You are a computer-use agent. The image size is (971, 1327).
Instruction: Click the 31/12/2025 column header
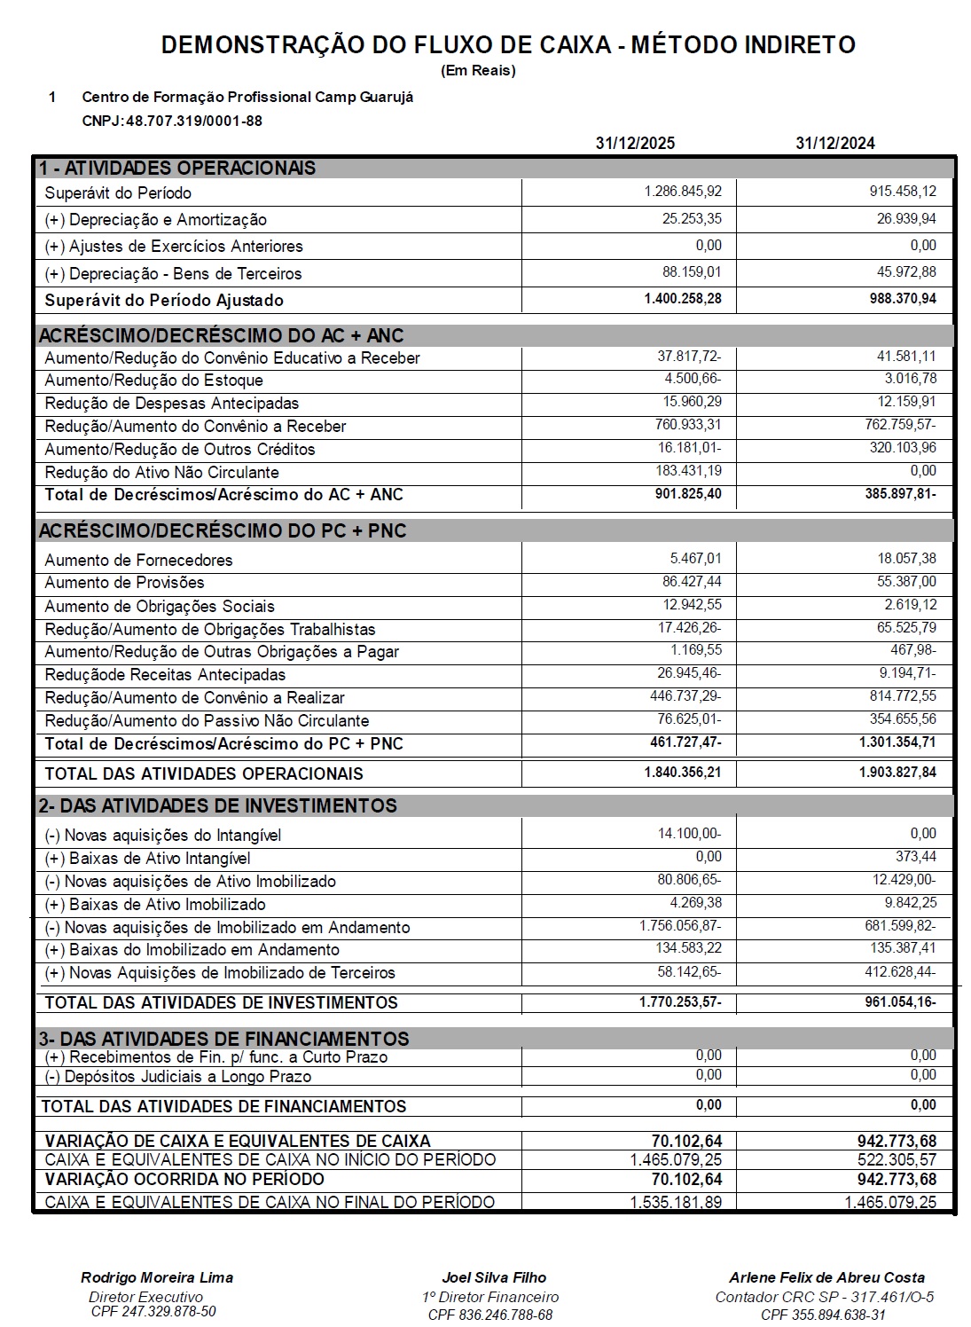point(635,144)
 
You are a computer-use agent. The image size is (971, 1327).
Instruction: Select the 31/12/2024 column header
point(834,144)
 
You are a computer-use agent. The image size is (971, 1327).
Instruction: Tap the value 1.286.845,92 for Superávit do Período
point(683,192)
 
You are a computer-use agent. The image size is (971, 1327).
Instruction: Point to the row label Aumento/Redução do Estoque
point(153,381)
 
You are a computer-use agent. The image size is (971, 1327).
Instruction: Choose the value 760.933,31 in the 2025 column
point(688,425)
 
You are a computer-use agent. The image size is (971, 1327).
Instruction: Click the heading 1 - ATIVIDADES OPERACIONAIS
point(177,168)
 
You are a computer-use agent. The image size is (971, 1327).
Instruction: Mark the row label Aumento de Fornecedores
point(138,561)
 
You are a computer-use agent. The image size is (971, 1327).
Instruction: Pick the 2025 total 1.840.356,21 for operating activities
point(683,773)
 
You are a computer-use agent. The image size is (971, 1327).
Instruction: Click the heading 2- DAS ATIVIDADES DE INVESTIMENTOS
point(218,805)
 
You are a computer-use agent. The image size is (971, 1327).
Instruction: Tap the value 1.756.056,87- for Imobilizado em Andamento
point(680,926)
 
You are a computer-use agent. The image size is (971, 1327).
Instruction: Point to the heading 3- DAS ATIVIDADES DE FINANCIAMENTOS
point(223,1038)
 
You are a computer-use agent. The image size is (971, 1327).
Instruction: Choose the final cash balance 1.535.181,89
point(676,1203)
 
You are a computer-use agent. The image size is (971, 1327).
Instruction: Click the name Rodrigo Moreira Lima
point(157,1277)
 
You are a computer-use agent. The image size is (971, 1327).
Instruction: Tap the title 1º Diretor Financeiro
point(490,1297)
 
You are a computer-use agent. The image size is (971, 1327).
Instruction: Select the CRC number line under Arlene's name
point(824,1297)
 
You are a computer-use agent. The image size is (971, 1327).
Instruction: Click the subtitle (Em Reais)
point(478,71)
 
